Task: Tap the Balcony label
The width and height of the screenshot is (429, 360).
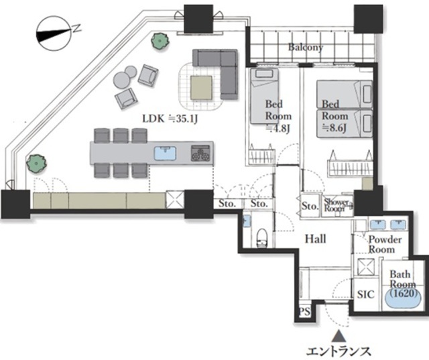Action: (306, 48)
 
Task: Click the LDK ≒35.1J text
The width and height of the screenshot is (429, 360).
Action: (170, 119)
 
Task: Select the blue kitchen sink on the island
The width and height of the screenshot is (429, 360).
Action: (165, 154)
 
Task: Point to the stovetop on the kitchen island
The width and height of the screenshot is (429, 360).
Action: (200, 153)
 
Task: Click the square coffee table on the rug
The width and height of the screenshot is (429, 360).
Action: (201, 88)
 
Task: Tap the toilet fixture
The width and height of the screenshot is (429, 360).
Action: (262, 238)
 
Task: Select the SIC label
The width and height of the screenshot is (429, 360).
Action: (366, 294)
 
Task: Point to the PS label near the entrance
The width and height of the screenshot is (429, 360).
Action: (304, 312)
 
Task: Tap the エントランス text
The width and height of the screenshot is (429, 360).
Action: (339, 351)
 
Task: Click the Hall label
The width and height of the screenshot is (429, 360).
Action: (316, 239)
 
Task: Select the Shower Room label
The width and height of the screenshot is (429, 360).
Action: (336, 205)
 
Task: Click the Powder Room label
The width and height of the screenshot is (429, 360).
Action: (385, 245)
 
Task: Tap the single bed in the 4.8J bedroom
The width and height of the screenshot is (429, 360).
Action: (265, 96)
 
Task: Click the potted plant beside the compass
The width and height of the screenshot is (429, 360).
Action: (160, 41)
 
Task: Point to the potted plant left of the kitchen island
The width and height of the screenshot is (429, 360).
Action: (36, 164)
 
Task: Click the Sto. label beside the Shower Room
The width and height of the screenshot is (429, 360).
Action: (310, 206)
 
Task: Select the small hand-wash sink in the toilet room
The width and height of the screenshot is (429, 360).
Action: (247, 221)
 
